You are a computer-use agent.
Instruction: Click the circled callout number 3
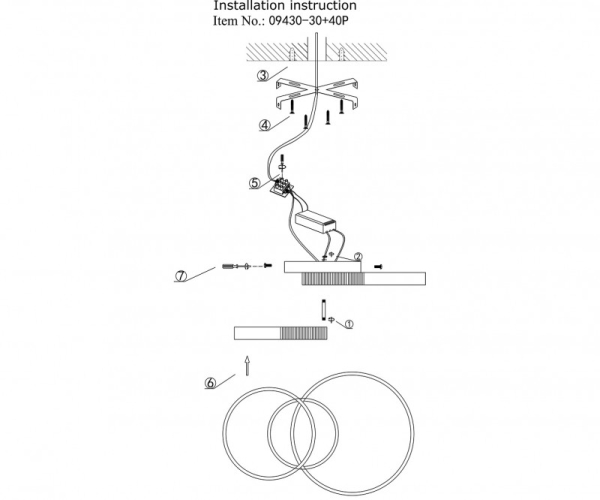[263, 76]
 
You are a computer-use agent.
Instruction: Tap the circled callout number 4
[264, 125]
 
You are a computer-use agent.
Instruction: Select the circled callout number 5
[254, 183]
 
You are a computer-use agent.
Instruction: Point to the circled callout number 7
[181, 276]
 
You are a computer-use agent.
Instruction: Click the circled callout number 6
[210, 383]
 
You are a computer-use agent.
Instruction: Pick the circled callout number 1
[349, 324]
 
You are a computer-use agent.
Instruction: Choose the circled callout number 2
[358, 256]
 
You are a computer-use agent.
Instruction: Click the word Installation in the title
[250, 6]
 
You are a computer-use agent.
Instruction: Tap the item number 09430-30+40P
[309, 21]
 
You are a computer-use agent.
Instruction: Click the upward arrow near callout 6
[247, 366]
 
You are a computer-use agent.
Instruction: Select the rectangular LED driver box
[315, 223]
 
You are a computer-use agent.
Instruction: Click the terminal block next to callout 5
[282, 187]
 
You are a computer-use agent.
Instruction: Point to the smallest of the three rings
[303, 433]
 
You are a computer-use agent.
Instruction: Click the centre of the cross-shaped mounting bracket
[316, 91]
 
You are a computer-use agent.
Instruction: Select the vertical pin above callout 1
[324, 310]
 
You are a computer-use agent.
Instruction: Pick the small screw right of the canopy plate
[378, 267]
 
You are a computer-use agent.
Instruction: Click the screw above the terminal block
[282, 159]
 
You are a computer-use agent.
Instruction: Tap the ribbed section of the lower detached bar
[304, 333]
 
